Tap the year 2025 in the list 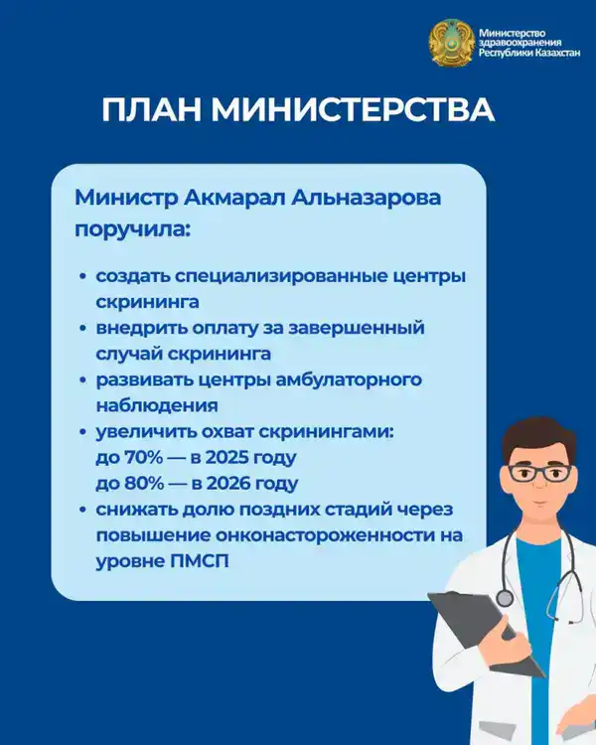pyautogui.click(x=232, y=459)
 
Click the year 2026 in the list pyautogui.click(x=232, y=484)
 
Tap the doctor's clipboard pyautogui.click(x=476, y=646)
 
